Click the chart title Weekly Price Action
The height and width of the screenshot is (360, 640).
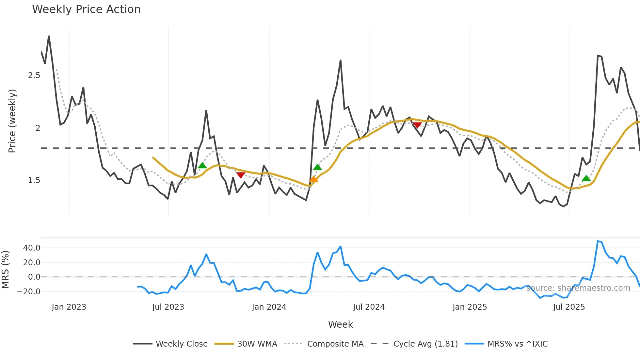point(86,9)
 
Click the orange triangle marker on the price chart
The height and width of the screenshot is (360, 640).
point(313,179)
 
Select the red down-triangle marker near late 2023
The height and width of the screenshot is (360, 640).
point(241,175)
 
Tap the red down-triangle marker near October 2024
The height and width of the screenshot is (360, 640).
point(417,125)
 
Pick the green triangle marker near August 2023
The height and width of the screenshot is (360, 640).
point(202,166)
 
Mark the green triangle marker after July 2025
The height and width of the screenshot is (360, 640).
point(586,178)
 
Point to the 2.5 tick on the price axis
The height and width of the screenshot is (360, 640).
point(34,75)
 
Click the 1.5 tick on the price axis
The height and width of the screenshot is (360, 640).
point(34,180)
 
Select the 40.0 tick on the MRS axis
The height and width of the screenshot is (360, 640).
point(32,248)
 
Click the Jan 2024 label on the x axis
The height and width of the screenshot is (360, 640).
point(269,307)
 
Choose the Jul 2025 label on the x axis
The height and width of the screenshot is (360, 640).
point(569,307)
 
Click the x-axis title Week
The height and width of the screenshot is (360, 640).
point(340,324)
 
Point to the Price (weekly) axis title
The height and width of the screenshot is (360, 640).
point(12,121)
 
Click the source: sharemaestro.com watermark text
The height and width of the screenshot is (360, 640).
point(578,288)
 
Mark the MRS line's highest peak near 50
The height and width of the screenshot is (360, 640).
point(598,241)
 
